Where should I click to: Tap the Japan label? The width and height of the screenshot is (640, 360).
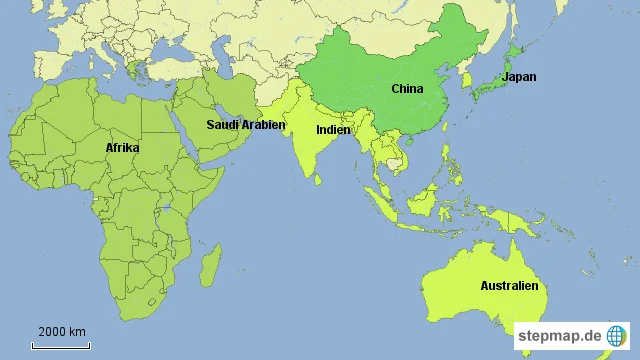click(x=518, y=77)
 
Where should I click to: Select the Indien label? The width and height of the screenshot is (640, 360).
click(x=332, y=130)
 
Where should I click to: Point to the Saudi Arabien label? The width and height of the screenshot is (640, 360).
click(x=246, y=125)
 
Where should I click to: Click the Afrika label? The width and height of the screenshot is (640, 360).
click(x=122, y=148)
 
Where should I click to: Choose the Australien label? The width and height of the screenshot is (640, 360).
click(x=509, y=286)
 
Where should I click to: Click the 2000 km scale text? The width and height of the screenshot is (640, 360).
click(x=62, y=332)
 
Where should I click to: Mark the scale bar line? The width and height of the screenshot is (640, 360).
click(x=62, y=346)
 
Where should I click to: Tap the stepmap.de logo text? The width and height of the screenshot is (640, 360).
click(x=559, y=338)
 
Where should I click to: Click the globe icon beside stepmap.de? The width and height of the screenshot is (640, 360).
click(x=616, y=337)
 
